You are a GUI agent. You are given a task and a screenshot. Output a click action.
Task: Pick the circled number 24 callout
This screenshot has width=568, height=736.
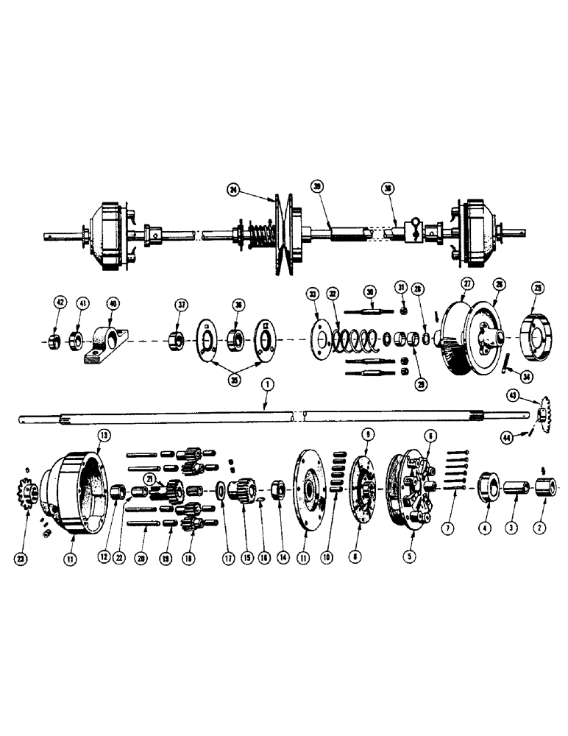click(x=234, y=189)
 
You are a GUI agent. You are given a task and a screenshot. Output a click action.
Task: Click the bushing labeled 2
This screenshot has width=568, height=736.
click(x=547, y=486)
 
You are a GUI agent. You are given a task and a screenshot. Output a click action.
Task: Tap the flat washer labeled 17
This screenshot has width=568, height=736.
click(x=220, y=489)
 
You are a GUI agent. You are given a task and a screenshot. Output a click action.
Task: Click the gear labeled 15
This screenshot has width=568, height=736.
click(x=242, y=489)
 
